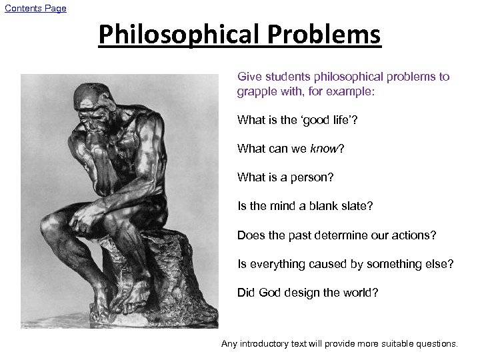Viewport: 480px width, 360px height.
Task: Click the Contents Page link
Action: pyautogui.click(x=36, y=8)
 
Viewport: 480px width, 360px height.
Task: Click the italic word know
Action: pyautogui.click(x=325, y=149)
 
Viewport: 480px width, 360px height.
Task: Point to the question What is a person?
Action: pyautogui.click(x=285, y=177)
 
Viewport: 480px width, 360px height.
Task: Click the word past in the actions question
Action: pyautogui.click(x=304, y=235)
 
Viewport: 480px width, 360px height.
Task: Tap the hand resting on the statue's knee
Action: pyautogui.click(x=89, y=219)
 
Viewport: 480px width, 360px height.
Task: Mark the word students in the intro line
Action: pyautogui.click(x=283, y=77)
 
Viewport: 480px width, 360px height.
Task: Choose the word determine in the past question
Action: pyautogui.click(x=353, y=235)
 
